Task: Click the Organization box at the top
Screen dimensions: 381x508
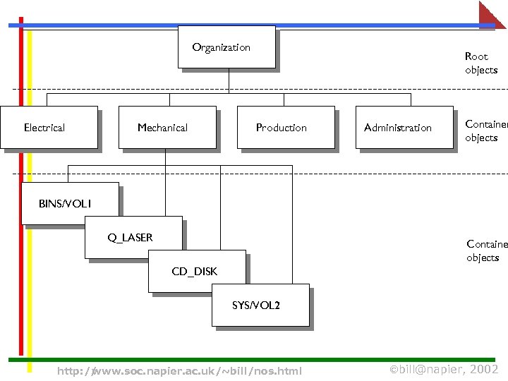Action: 226,47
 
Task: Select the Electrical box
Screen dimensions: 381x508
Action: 49,128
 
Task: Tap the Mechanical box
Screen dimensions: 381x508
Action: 167,128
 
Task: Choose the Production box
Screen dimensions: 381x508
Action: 286,128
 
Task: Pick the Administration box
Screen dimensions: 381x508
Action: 404,128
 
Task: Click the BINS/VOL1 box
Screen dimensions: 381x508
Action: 69,203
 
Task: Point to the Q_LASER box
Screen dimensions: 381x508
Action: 133,238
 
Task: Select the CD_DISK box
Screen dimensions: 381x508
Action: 197,271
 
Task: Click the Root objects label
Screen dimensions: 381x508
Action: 481,63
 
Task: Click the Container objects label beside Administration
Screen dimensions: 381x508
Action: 485,131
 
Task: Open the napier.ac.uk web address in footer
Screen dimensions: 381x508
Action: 179,371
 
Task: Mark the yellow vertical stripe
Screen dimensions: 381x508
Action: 30,212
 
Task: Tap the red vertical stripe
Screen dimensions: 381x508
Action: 21,212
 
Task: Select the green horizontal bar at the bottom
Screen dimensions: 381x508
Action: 254,359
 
